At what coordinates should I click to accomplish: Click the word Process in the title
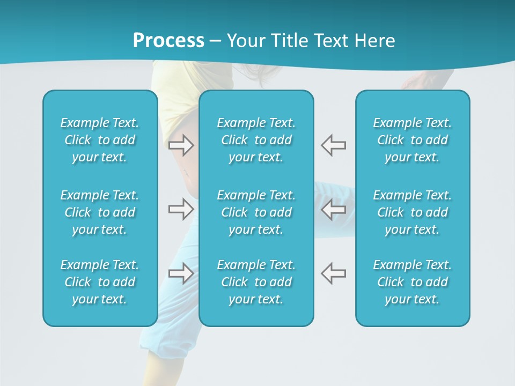(x=168, y=40)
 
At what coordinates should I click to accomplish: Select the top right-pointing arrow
(x=181, y=145)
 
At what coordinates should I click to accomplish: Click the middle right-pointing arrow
(x=181, y=209)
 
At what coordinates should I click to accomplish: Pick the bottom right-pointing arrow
(x=181, y=273)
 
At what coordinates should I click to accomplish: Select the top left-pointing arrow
(x=333, y=145)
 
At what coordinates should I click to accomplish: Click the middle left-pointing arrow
(x=333, y=209)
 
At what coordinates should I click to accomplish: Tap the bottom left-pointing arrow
(x=333, y=273)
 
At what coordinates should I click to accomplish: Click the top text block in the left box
(x=100, y=140)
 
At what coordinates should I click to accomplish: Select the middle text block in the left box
(x=100, y=212)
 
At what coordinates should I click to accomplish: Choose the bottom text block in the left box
(x=100, y=282)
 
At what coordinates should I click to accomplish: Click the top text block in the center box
(x=256, y=140)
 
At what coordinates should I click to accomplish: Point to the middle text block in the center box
(x=256, y=212)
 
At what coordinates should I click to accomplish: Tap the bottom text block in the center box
(x=256, y=282)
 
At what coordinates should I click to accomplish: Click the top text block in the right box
(x=412, y=140)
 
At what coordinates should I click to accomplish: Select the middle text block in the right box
(x=412, y=212)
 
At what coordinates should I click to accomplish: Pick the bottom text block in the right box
(x=412, y=282)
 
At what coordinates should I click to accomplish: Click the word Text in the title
(x=332, y=40)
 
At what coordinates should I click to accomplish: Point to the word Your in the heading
(x=246, y=40)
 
